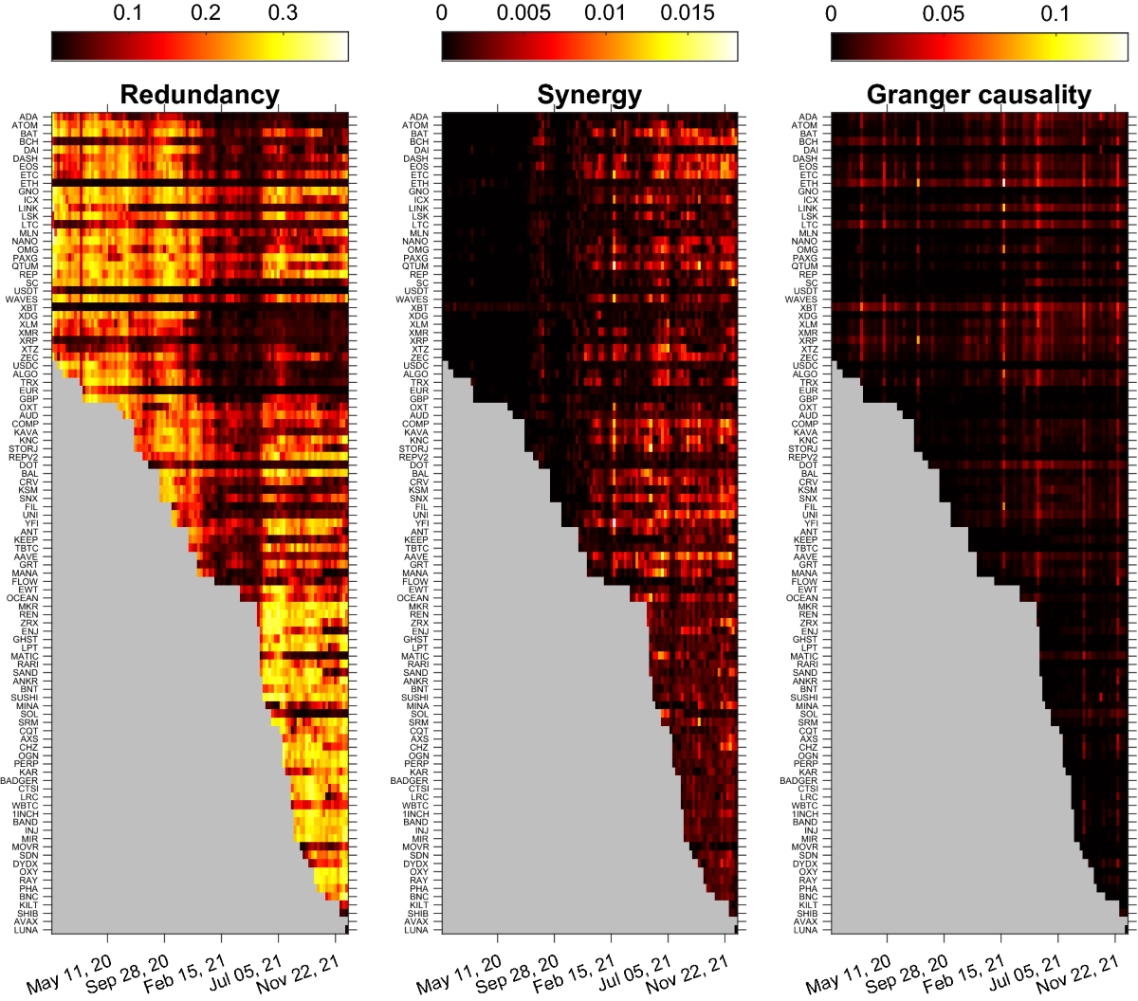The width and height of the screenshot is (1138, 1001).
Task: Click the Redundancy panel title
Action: coord(199,95)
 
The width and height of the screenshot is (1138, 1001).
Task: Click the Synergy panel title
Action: coord(589,95)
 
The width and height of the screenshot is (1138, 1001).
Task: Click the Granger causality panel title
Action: coord(979,95)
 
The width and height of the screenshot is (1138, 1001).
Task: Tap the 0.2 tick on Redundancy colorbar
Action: coord(206,13)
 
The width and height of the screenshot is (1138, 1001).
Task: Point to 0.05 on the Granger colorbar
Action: coord(944,13)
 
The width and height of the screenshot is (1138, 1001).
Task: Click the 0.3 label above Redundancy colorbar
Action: coord(283,13)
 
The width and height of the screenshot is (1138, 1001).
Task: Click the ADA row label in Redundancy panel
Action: coord(29,118)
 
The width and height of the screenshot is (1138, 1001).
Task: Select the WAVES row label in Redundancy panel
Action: coord(22,300)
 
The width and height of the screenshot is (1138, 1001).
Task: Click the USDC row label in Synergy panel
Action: coord(415,366)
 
